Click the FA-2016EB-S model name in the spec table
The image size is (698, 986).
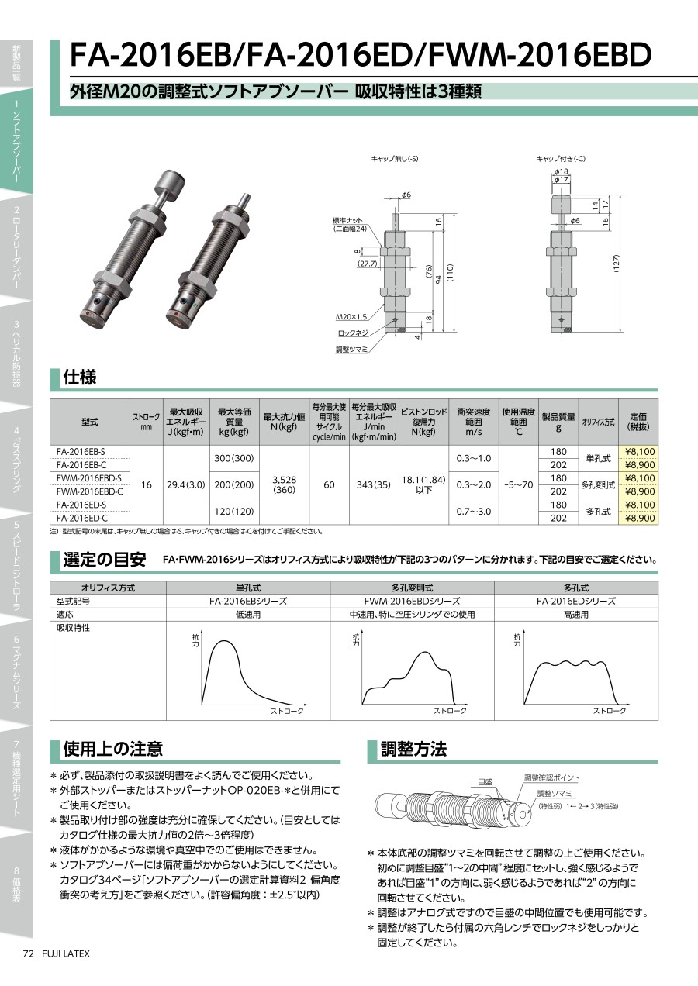tap(81, 452)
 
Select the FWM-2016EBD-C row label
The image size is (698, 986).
tap(89, 491)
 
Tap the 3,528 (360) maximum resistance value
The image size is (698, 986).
tap(284, 484)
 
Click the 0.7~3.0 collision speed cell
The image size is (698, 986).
tap(473, 511)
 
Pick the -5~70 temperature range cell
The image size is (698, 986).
tap(518, 484)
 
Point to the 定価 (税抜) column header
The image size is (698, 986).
tap(638, 421)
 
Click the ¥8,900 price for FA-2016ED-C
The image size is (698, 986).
tap(640, 518)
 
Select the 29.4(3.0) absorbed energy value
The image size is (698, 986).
tap(186, 484)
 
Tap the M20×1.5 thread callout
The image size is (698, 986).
tap(351, 317)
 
